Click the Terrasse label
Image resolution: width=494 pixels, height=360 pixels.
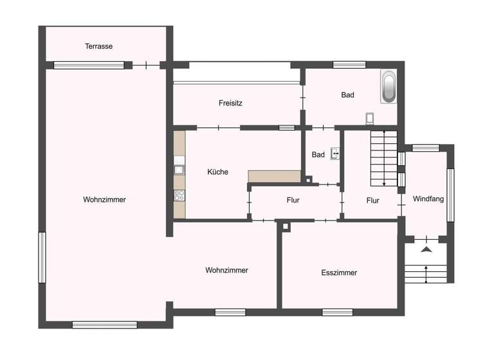tap(99, 46)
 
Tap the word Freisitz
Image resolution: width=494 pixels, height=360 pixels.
tap(230, 103)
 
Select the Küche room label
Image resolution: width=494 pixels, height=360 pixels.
tap(217, 172)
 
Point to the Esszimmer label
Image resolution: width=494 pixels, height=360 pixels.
tap(339, 273)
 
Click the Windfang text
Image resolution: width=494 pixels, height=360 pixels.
tap(428, 199)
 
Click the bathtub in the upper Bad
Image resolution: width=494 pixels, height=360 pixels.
tap(389, 86)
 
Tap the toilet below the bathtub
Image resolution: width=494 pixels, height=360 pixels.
tap(369, 118)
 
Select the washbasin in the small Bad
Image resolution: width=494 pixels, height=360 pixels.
tap(335, 154)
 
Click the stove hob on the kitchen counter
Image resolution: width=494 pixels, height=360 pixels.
tap(179, 195)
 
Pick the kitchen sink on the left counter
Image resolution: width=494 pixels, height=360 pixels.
tap(179, 170)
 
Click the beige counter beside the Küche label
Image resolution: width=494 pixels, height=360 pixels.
tap(274, 176)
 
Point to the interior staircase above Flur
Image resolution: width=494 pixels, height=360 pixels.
tap(383, 156)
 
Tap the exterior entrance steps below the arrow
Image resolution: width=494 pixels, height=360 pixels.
tap(425, 273)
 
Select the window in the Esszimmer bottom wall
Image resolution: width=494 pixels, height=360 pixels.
tap(337, 312)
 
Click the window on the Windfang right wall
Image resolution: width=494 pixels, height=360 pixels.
tap(450, 194)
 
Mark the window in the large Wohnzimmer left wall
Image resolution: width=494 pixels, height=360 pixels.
tap(42, 257)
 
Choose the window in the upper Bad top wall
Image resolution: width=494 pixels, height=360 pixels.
tap(349, 64)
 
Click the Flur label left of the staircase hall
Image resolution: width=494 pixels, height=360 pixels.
tap(293, 200)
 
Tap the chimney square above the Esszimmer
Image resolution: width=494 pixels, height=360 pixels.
tap(285, 226)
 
